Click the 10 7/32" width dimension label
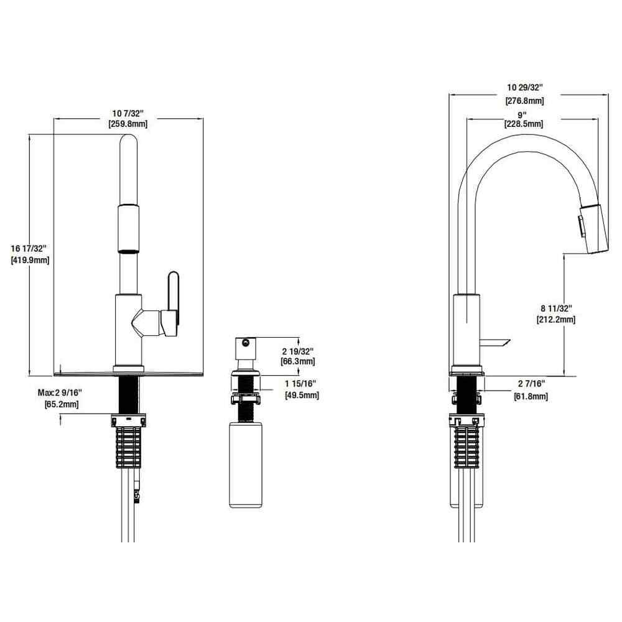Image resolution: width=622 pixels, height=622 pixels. click(x=128, y=113)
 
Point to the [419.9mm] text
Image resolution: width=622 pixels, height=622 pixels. click(x=30, y=260)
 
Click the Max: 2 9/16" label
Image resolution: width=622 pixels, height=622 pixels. click(x=60, y=394)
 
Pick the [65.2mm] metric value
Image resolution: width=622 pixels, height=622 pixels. click(x=61, y=405)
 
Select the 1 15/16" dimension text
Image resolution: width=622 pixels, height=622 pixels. click(x=301, y=384)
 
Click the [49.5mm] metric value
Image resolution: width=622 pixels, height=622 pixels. click(x=302, y=395)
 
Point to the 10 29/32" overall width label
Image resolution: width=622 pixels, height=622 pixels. click(x=526, y=87)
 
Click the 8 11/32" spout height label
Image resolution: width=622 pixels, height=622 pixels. click(x=555, y=309)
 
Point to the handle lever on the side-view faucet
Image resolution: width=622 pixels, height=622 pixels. click(x=496, y=342)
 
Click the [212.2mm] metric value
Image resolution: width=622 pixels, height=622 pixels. click(x=555, y=320)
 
